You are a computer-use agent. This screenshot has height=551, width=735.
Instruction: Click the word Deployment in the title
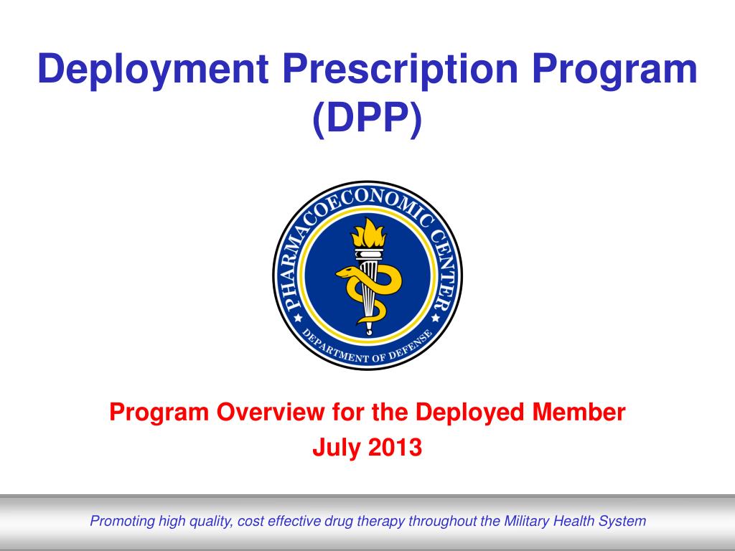tap(153, 70)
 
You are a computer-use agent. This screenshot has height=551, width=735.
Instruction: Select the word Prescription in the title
tap(401, 70)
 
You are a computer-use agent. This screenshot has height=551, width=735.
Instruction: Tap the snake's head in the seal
tap(345, 273)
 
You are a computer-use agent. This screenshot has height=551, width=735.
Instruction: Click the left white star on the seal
tap(298, 318)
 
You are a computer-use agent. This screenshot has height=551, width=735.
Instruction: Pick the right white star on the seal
tap(436, 318)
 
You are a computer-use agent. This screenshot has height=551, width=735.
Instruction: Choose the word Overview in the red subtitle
tap(270, 413)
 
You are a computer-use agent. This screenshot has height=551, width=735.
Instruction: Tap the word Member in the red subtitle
tap(579, 413)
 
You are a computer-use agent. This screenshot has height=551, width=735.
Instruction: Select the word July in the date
tap(337, 448)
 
